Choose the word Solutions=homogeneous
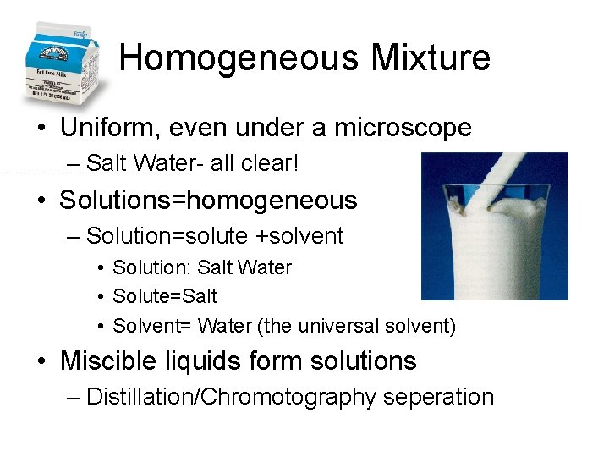208,201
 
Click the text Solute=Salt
165,296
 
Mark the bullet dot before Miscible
42,362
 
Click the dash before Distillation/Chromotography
74,397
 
